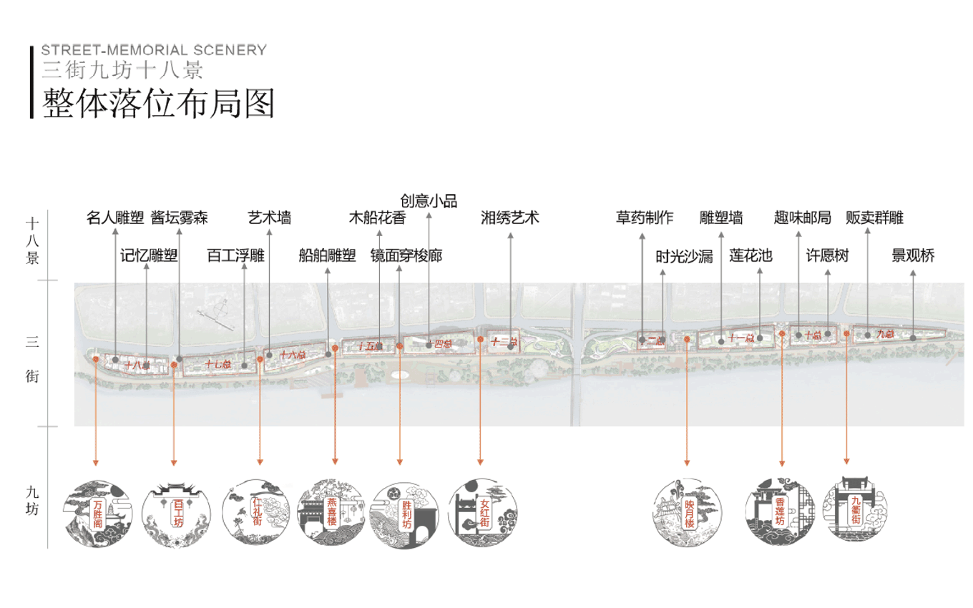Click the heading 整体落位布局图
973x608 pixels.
(159, 103)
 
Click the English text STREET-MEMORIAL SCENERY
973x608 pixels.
(154, 50)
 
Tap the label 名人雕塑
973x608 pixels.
(115, 217)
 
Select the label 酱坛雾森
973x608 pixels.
(180, 217)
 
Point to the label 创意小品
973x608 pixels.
(428, 200)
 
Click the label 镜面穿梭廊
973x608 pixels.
(406, 255)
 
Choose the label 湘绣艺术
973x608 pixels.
(510, 217)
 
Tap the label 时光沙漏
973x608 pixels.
(685, 257)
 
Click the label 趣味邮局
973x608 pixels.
(802, 217)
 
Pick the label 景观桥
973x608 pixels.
(913, 255)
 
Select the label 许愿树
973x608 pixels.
(828, 255)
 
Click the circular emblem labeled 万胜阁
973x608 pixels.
(97, 514)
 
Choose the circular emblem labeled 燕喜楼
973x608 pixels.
(331, 514)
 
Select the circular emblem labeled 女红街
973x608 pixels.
(483, 514)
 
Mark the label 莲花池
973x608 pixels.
(750, 255)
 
